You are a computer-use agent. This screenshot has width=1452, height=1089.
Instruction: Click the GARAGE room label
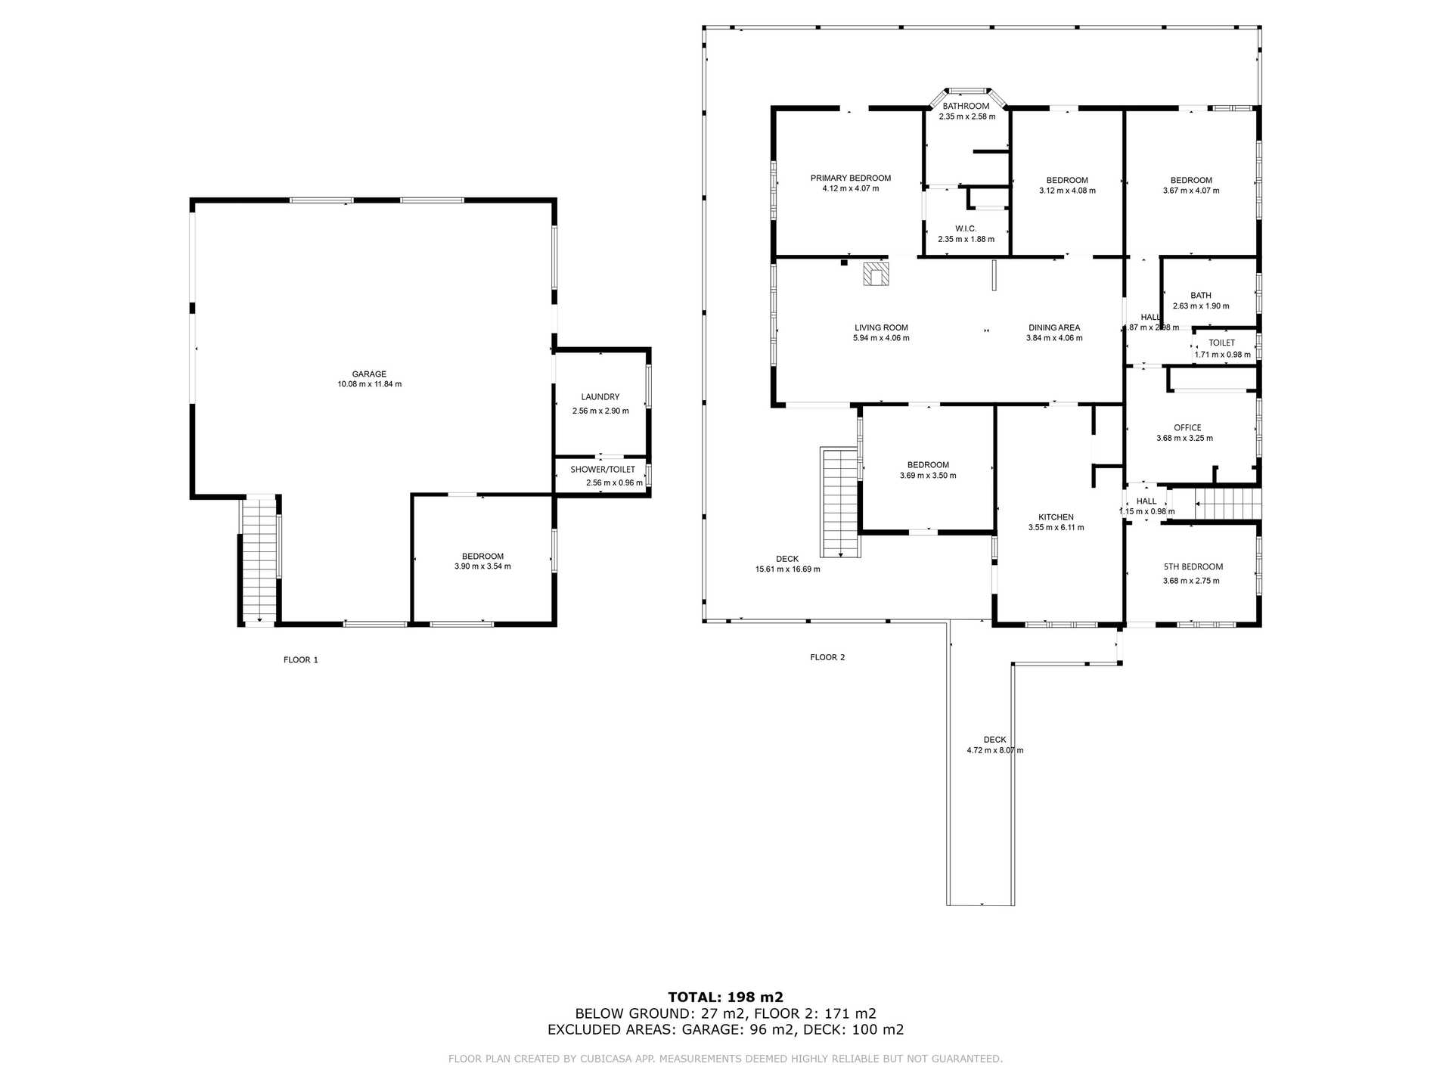pos(369,374)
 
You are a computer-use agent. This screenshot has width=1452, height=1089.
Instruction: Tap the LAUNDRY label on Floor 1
pos(600,397)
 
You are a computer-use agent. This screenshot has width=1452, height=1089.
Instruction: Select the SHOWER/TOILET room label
pos(603,470)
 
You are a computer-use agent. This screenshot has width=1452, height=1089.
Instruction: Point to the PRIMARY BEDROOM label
pos(851,178)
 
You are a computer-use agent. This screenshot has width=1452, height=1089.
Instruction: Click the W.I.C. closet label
pos(966,228)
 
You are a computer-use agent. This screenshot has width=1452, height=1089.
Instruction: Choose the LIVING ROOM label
pos(881,327)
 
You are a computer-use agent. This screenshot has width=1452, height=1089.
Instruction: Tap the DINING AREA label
pos(1054,327)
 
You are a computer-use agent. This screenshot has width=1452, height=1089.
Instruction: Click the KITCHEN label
pos(1056,517)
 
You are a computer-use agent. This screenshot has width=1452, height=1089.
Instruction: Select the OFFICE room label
pos(1187,427)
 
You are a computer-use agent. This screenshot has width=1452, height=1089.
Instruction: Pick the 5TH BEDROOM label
pos(1193,566)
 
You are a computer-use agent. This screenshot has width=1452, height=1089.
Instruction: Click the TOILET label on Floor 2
pos(1221,343)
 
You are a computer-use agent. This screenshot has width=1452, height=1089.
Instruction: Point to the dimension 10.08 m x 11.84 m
pos(369,384)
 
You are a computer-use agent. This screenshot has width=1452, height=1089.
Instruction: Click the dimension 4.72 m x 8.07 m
pos(994,750)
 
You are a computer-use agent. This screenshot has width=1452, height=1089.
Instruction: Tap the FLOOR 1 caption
pos(301,659)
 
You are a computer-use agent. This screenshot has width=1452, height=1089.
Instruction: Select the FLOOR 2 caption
pos(827,657)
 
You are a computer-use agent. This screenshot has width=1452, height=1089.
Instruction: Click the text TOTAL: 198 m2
pos(725,997)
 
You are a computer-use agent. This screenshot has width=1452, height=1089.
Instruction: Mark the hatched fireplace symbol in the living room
pos(876,274)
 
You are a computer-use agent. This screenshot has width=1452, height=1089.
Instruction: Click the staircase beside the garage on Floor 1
pos(260,560)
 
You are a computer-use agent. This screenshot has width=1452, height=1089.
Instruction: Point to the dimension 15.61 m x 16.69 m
pos(787,569)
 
